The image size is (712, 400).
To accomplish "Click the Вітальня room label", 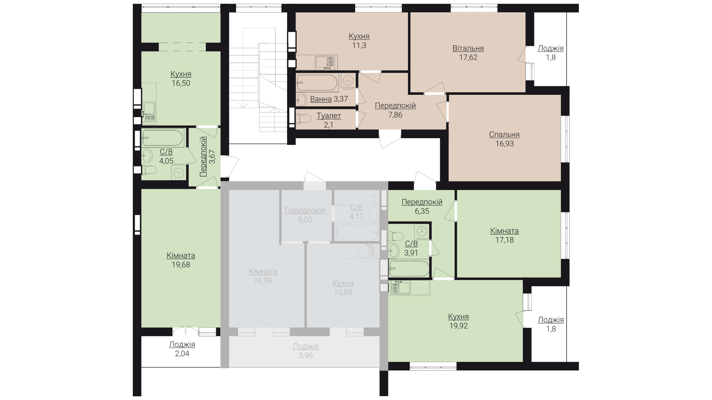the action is pyautogui.click(x=468, y=49).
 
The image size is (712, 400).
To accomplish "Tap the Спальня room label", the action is pyautogui.click(x=504, y=134).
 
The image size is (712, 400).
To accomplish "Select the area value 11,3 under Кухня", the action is pyautogui.click(x=359, y=46).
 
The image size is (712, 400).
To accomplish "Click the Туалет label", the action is pyautogui.click(x=329, y=116).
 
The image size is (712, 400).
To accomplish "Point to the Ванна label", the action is pyautogui.click(x=321, y=99).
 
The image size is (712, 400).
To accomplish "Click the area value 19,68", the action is pyautogui.click(x=181, y=265).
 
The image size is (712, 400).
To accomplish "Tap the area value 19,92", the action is pyautogui.click(x=458, y=326).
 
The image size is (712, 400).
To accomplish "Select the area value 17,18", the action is pyautogui.click(x=504, y=240).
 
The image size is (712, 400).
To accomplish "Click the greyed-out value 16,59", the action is pyautogui.click(x=263, y=281).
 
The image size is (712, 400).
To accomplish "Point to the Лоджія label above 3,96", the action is pyautogui.click(x=306, y=347).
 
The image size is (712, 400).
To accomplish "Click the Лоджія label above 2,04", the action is pyautogui.click(x=182, y=345).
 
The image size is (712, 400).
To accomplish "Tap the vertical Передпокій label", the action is pyautogui.click(x=203, y=156).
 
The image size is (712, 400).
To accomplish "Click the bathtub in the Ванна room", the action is pyautogui.click(x=317, y=83).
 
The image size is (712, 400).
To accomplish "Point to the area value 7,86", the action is pyautogui.click(x=395, y=115).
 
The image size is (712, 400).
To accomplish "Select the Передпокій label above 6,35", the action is pyautogui.click(x=422, y=202).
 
